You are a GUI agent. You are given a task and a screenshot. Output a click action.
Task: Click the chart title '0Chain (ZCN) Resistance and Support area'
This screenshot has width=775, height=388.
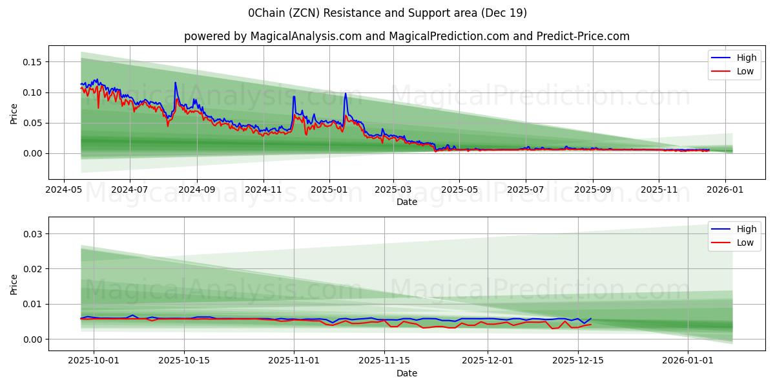387,13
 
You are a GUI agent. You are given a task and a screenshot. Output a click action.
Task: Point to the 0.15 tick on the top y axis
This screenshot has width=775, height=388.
32,62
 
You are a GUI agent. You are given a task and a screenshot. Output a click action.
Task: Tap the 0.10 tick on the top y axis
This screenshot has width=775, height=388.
32,92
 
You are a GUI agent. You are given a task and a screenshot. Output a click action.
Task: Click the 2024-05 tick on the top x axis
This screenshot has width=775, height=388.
63,190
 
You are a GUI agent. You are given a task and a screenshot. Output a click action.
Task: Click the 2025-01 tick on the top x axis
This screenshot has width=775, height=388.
329,190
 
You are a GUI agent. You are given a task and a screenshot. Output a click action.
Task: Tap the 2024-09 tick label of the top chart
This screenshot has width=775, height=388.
196,190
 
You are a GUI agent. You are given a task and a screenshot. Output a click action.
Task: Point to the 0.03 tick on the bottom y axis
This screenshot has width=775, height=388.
32,233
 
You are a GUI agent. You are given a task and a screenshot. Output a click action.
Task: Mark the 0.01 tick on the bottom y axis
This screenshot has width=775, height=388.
32,304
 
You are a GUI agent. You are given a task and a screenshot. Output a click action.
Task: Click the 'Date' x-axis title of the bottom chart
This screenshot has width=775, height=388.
407,373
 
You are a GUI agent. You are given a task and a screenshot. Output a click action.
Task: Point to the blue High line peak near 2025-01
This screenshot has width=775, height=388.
346,93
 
